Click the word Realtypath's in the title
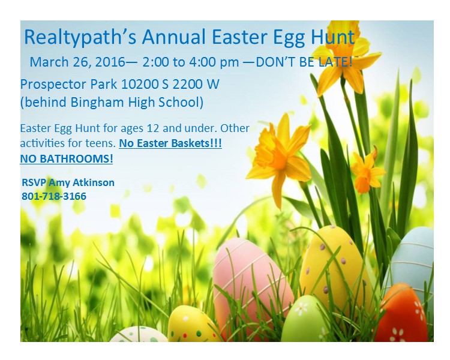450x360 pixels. [x=80, y=38]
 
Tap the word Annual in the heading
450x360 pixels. [x=173, y=37]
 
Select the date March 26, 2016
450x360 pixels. [x=77, y=62]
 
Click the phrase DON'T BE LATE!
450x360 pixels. [x=304, y=62]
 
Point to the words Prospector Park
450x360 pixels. [x=68, y=85]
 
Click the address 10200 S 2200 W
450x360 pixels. [x=170, y=84]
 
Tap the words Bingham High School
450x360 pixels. [x=134, y=102]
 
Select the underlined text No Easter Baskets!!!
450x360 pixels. [x=170, y=143]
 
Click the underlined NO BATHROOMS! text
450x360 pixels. [x=67, y=158]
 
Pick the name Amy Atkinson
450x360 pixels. [x=82, y=182]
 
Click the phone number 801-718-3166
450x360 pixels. [x=54, y=196]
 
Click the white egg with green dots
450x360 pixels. [x=138, y=335]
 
